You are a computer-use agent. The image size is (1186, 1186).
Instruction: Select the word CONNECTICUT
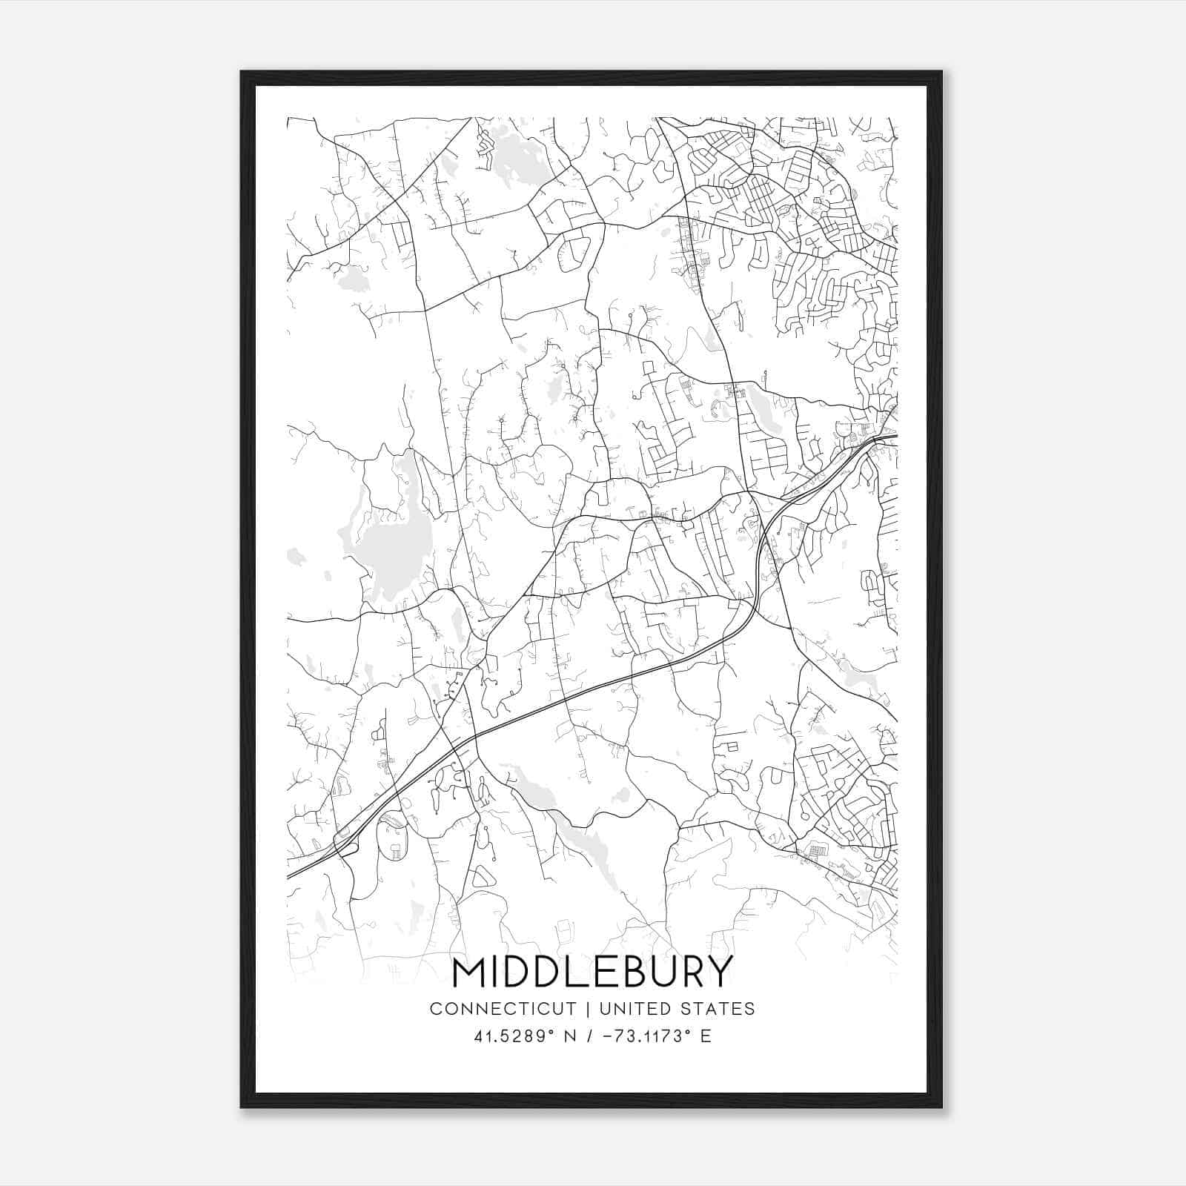click(x=503, y=1009)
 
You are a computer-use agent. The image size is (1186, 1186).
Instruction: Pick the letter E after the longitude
click(x=706, y=1036)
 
